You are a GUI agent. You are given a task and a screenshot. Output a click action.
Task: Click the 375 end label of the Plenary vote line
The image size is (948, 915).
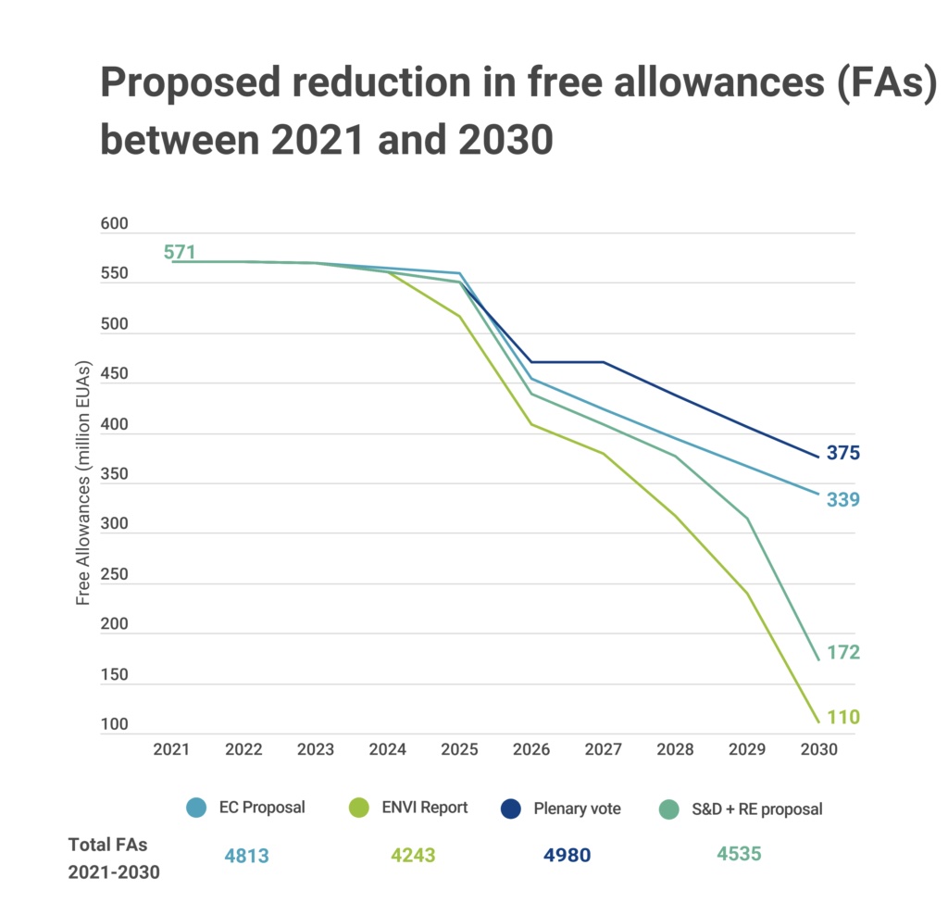tap(843, 454)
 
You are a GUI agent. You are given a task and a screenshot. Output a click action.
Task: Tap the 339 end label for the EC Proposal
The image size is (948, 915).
tap(843, 500)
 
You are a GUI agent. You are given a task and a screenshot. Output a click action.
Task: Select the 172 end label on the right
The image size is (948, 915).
tap(843, 653)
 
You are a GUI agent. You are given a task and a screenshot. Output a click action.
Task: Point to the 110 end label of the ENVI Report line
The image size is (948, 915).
tap(843, 717)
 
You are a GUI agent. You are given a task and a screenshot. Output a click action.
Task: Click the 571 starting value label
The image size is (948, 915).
tap(180, 252)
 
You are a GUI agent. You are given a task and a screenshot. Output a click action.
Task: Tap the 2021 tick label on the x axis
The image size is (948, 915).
tap(172, 750)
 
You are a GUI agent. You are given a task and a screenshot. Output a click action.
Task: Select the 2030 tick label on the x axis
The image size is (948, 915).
tap(819, 750)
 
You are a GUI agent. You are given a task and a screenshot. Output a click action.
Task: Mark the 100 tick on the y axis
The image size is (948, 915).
tap(115, 725)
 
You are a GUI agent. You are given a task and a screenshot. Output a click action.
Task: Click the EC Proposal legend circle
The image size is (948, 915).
tap(195, 808)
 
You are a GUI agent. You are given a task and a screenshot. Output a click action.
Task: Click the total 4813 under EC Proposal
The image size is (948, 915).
tap(246, 856)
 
